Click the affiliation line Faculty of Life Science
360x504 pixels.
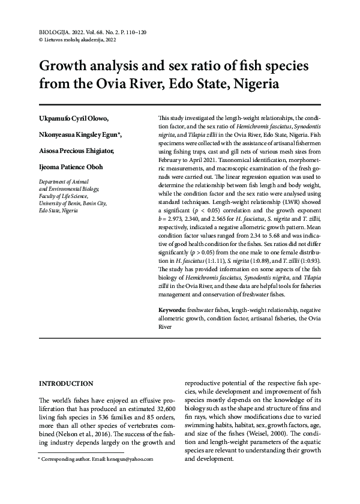pyautogui.click(x=63, y=196)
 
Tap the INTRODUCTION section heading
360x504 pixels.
pyautogui.click(x=66, y=383)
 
